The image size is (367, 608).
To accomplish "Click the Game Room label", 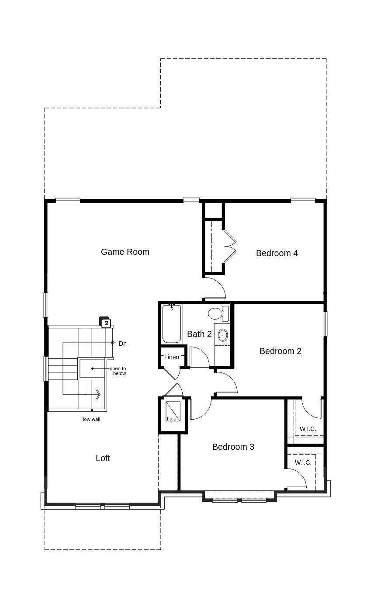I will point(125,252).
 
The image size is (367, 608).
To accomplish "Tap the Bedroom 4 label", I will point(277,253).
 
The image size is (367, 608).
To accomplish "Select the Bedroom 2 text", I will point(280,351).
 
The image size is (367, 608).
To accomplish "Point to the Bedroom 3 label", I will point(233,447).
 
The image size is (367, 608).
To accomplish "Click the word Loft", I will point(103,458).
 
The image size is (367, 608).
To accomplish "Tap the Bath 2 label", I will point(199,334).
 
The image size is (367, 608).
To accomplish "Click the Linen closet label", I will point(172,357).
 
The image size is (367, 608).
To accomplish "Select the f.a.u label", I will point(171,419).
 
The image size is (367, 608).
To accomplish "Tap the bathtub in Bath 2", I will point(172,324).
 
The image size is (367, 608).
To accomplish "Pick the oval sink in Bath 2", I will point(223,335).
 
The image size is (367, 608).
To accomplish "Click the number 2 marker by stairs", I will point(106,323).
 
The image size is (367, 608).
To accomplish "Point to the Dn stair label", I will point(122,344).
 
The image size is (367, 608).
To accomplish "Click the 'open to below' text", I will point(118,371).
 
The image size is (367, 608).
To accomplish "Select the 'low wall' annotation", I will point(92,420).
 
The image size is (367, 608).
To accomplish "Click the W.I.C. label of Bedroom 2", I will point(308,429).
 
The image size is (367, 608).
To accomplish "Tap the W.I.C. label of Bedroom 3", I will point(303,462).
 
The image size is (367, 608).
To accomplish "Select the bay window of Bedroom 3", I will point(239,497).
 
